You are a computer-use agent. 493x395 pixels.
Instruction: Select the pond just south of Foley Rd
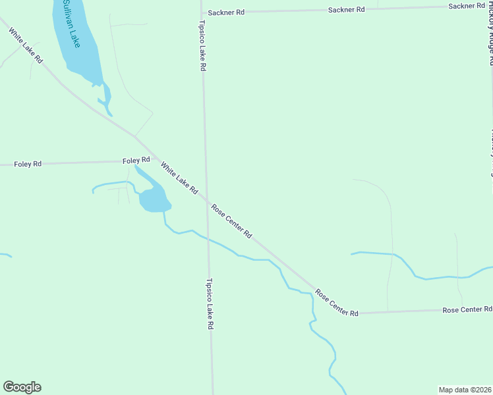coord(153,197)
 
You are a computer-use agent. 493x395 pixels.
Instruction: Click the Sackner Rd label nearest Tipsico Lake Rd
coord(226,12)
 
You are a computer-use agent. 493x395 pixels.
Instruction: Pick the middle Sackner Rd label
coord(347,10)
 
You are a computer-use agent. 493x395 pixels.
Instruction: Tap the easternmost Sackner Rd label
coord(467,6)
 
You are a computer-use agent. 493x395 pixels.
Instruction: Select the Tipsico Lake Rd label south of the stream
coord(210,303)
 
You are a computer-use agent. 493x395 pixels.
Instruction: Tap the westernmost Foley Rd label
coord(28,164)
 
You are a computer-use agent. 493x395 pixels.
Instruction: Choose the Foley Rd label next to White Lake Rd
coord(136,161)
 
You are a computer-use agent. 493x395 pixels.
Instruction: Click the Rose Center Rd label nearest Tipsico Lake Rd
coord(232,221)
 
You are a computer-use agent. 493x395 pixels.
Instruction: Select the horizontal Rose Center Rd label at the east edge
coord(467,309)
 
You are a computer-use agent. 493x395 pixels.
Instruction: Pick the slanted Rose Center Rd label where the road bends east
coord(336,303)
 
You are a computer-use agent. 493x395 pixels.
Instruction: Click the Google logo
coord(22,387)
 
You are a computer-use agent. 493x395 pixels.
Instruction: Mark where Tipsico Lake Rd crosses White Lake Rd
coord(206,199)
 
